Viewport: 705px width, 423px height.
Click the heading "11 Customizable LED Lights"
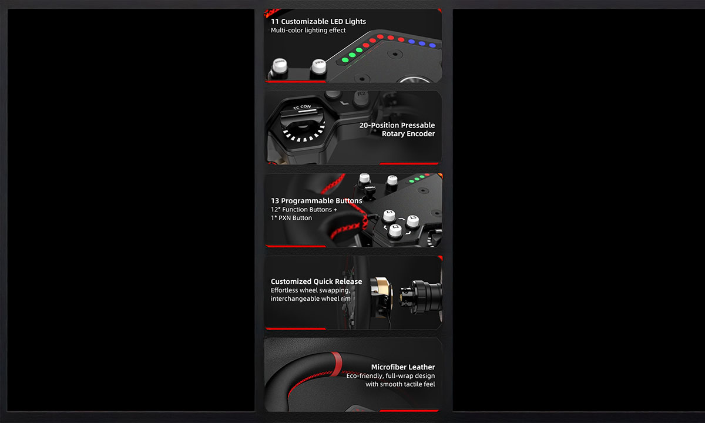tap(318, 21)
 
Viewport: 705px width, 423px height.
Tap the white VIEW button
tap(318, 67)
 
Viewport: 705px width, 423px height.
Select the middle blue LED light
tap(422, 43)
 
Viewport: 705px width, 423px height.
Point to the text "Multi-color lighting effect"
tap(308, 30)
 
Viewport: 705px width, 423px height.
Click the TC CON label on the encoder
tap(302, 107)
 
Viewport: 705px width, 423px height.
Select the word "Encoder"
tap(408, 134)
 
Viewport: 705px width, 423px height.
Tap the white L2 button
tap(395, 230)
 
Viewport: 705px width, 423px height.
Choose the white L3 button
tap(412, 221)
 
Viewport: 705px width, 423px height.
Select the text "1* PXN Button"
tap(291, 218)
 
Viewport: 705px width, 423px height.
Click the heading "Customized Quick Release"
tap(316, 281)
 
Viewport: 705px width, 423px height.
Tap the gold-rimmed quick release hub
tap(381, 297)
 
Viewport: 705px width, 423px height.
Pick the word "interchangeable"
tap(294, 298)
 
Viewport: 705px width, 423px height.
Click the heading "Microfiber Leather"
tap(403, 367)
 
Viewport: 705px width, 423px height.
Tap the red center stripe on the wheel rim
tap(337, 364)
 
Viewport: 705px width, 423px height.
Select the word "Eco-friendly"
tap(365, 376)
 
